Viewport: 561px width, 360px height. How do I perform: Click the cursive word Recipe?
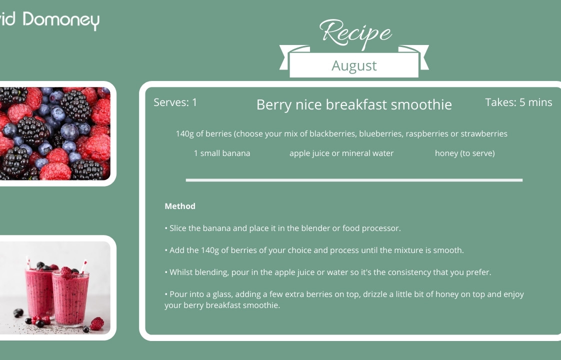click(x=355, y=33)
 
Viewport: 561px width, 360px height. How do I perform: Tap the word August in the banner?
click(x=354, y=66)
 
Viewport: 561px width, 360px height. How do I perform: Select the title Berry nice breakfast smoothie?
click(x=354, y=105)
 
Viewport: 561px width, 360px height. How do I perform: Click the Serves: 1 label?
click(x=175, y=102)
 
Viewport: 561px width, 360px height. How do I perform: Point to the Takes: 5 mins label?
click(x=518, y=102)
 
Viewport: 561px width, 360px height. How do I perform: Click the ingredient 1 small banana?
click(x=222, y=153)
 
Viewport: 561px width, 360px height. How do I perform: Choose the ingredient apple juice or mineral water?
click(x=341, y=153)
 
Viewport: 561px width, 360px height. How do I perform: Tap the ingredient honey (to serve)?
click(x=465, y=153)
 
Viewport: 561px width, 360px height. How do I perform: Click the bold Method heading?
click(x=180, y=206)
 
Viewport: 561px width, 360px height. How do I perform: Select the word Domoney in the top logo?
click(x=61, y=20)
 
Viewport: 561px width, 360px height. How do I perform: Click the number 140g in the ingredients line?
click(x=184, y=134)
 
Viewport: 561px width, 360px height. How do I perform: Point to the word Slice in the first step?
click(x=178, y=228)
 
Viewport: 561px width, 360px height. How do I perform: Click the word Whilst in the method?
click(x=180, y=272)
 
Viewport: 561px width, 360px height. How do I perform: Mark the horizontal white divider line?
click(x=354, y=180)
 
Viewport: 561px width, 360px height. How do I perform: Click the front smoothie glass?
click(x=70, y=297)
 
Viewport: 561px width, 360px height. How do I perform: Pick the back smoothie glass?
click(x=39, y=291)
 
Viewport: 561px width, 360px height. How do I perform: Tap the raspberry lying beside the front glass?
click(x=96, y=324)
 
